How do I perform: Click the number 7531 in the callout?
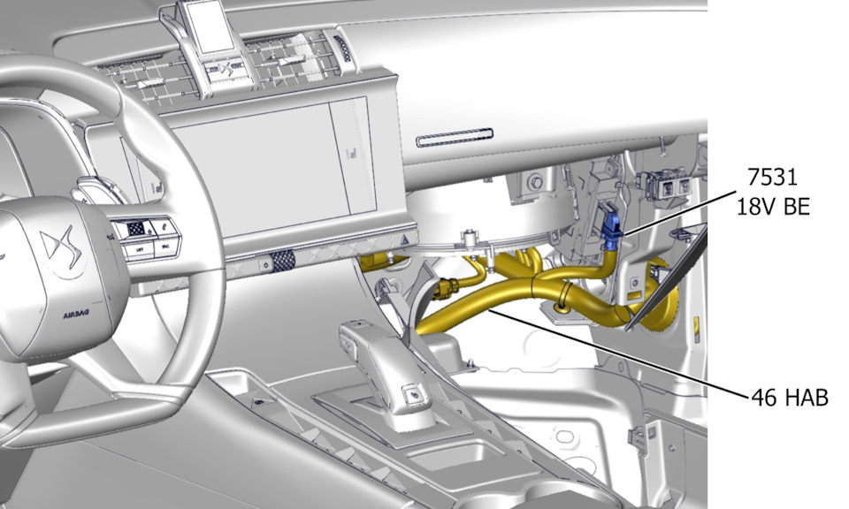[x=772, y=177]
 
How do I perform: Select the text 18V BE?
[x=773, y=206]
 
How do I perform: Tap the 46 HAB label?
[x=790, y=398]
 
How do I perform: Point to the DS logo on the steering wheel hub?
[x=58, y=244]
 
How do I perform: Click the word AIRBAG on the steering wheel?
[x=76, y=315]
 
